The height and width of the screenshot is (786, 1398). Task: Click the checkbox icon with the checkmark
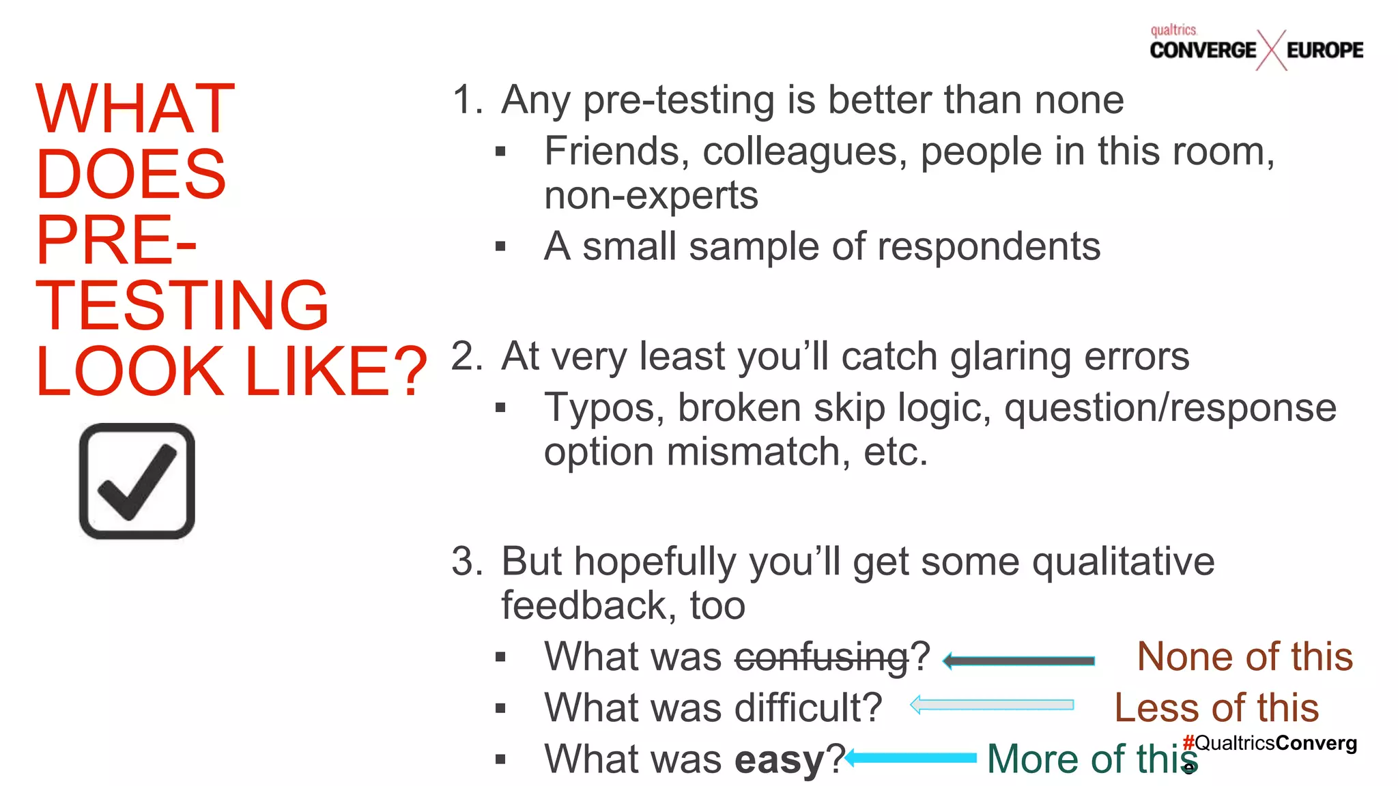click(137, 481)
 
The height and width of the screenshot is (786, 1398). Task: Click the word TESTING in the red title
click(182, 305)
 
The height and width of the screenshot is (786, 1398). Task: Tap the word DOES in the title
click(130, 175)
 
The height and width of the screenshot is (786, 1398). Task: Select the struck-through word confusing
click(821, 657)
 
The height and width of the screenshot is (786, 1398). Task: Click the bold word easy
click(779, 759)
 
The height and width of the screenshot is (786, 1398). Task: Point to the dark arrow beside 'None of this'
click(1019, 660)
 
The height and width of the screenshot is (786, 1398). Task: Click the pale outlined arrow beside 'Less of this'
click(992, 705)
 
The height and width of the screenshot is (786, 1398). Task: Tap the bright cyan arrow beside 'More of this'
click(912, 757)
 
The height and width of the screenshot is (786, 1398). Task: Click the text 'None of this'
click(1244, 657)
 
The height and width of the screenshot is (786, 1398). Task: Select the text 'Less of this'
click(1216, 708)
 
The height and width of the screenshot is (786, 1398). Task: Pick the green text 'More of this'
click(1091, 759)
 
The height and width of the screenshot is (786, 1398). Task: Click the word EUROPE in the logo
click(1324, 50)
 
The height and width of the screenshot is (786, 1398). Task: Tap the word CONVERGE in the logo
click(1203, 50)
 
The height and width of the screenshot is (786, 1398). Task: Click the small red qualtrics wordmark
click(1173, 30)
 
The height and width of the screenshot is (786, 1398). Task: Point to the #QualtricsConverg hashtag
click(1270, 742)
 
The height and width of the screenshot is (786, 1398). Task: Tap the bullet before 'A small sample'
click(500, 246)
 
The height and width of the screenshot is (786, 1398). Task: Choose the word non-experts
click(651, 196)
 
